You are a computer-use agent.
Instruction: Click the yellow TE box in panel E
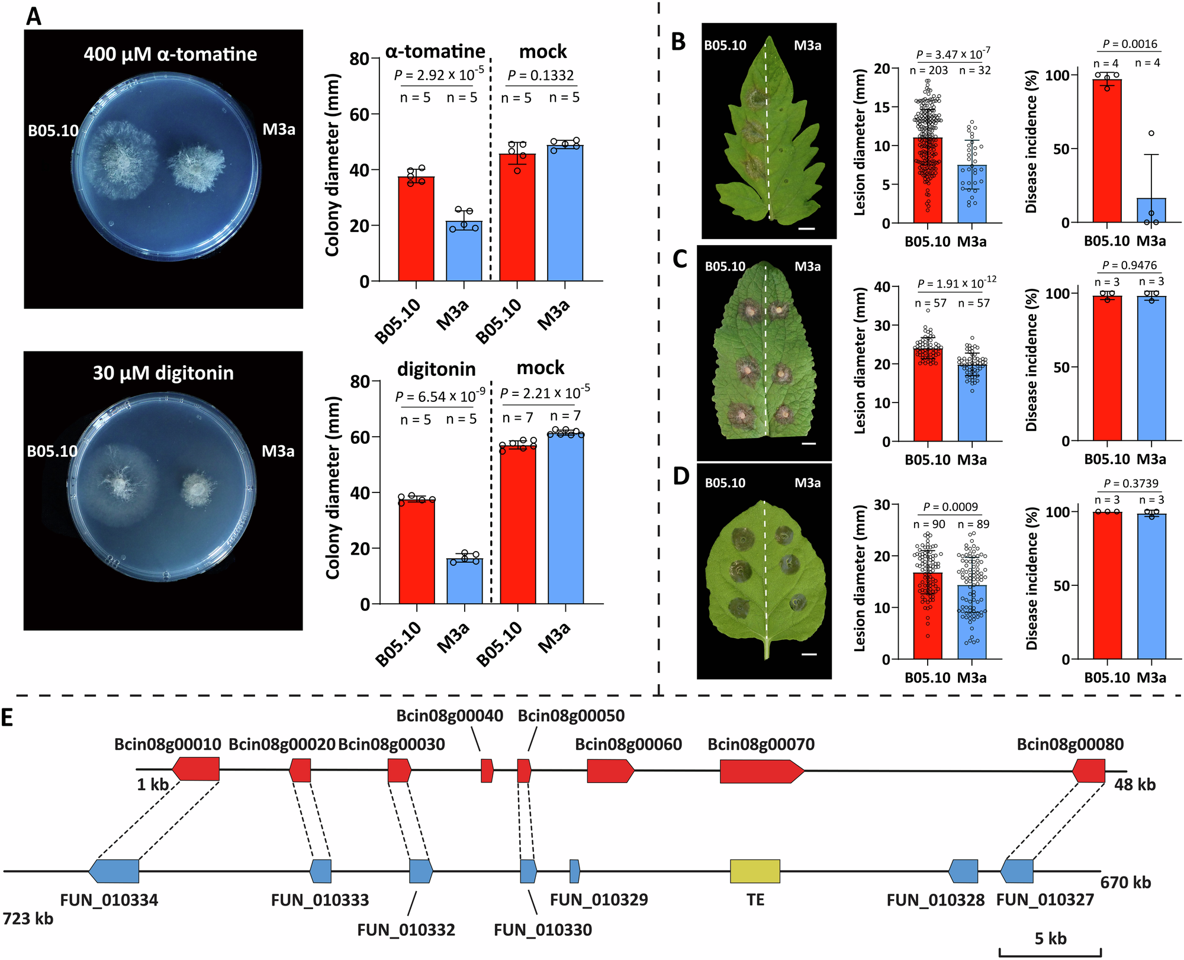(x=755, y=871)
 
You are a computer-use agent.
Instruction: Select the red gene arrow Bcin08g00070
(x=761, y=771)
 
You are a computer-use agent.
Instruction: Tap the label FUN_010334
(x=109, y=900)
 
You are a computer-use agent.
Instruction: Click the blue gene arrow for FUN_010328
(x=963, y=871)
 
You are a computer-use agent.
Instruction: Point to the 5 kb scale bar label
(x=1050, y=939)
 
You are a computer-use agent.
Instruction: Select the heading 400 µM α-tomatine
(x=170, y=54)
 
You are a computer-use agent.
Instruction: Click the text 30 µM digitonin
(x=163, y=373)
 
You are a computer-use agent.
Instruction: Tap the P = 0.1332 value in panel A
(x=540, y=75)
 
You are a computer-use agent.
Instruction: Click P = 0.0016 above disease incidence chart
(x=1130, y=44)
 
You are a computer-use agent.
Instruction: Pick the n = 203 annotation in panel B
(x=928, y=70)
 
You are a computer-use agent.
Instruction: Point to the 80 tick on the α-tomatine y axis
(x=359, y=59)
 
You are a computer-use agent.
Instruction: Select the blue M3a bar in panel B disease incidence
(x=1151, y=211)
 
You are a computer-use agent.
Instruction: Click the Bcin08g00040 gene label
(x=449, y=716)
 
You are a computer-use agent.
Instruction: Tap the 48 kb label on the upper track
(x=1134, y=785)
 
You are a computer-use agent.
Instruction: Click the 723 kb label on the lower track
(x=28, y=919)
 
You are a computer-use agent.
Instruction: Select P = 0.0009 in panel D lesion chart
(x=951, y=507)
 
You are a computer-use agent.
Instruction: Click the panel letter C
(x=680, y=259)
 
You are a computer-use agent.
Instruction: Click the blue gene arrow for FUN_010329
(x=574, y=871)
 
